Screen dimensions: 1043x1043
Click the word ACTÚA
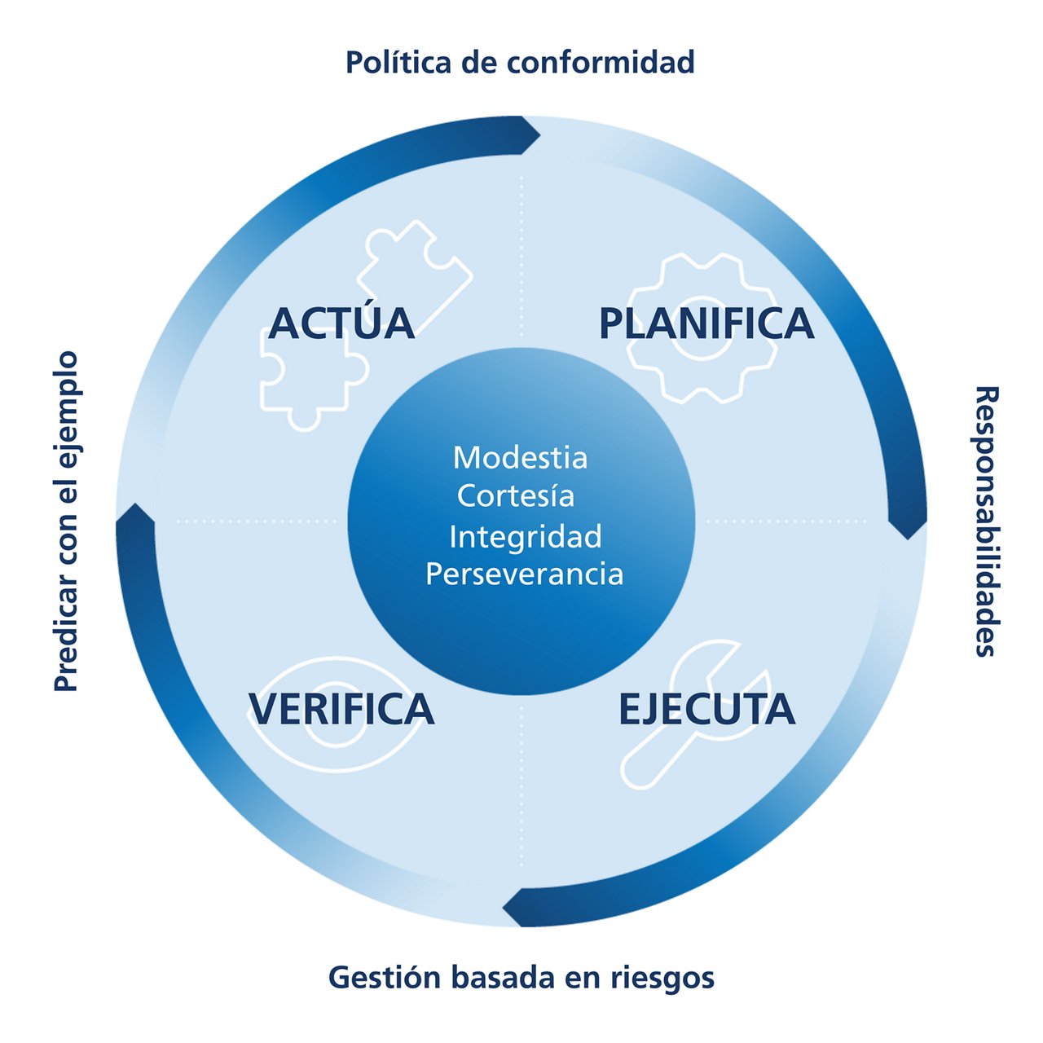pyautogui.click(x=341, y=323)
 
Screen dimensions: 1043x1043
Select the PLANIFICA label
pyautogui.click(x=706, y=323)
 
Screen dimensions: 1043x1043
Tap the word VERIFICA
pyautogui.click(x=341, y=709)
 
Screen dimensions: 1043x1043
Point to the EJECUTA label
pyautogui.click(x=706, y=709)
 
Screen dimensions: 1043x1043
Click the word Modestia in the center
pyautogui.click(x=520, y=458)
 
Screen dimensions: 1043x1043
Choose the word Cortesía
pyautogui.click(x=516, y=496)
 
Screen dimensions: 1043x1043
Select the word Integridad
pyautogui.click(x=526, y=537)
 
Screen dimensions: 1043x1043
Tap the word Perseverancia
pyautogui.click(x=524, y=574)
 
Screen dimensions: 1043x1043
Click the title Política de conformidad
pyautogui.click(x=520, y=63)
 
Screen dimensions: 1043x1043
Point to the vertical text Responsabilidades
pyautogui.click(x=987, y=521)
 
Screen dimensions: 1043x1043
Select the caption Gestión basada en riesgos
pyautogui.click(x=521, y=976)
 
